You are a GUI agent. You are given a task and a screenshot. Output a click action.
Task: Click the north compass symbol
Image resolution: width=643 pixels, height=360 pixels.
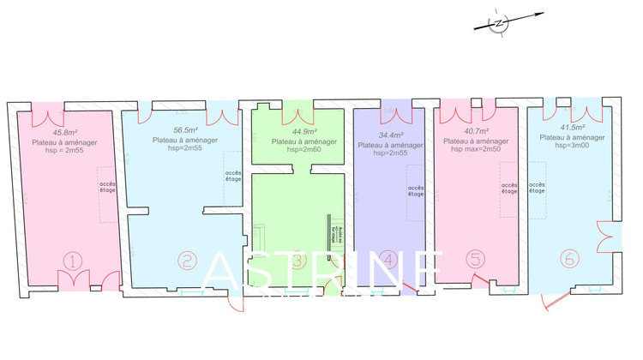point(499,24)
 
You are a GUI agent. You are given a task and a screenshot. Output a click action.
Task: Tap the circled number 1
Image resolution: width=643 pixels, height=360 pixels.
point(74,260)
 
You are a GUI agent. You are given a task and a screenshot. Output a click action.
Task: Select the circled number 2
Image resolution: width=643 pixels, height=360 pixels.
point(185,260)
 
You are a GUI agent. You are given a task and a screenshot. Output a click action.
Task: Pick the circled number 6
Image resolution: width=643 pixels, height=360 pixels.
point(568,258)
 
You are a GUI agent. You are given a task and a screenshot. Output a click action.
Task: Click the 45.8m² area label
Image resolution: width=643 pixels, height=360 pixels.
point(63,133)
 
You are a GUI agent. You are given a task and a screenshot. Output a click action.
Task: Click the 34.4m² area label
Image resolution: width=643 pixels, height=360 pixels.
point(390,135)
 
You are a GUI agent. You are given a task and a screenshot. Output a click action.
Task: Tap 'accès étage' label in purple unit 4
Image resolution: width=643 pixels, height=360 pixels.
point(416,190)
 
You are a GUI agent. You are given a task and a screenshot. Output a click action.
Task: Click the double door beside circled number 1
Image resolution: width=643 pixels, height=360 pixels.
point(73,280)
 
